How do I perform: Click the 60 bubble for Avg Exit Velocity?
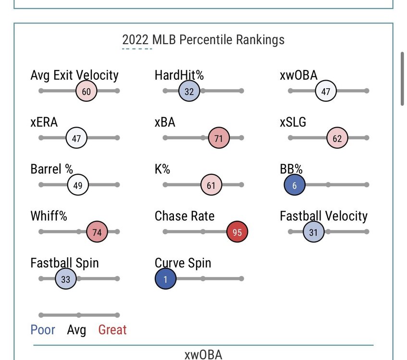[x=86, y=91]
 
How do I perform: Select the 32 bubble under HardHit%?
[x=189, y=91]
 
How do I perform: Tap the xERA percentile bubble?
[x=76, y=138]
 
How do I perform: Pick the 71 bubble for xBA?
[x=219, y=138]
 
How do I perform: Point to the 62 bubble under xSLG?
[x=337, y=138]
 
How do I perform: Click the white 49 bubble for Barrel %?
[x=78, y=185]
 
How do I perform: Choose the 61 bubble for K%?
[x=211, y=185]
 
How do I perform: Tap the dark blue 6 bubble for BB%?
[x=294, y=185]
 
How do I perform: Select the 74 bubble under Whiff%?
[x=97, y=232]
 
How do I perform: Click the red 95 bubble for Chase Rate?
[x=237, y=232]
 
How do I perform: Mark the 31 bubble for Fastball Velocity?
[x=313, y=232]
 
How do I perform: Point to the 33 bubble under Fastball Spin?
[x=66, y=279]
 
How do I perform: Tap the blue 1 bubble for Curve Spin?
[x=165, y=279]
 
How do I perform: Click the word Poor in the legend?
[x=43, y=330]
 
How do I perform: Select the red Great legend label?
[x=112, y=330]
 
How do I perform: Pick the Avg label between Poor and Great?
[x=76, y=330]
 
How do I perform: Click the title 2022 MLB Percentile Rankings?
[x=203, y=39]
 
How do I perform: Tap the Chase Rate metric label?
[x=185, y=216]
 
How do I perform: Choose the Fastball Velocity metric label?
[x=323, y=216]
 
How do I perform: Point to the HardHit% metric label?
[x=179, y=75]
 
